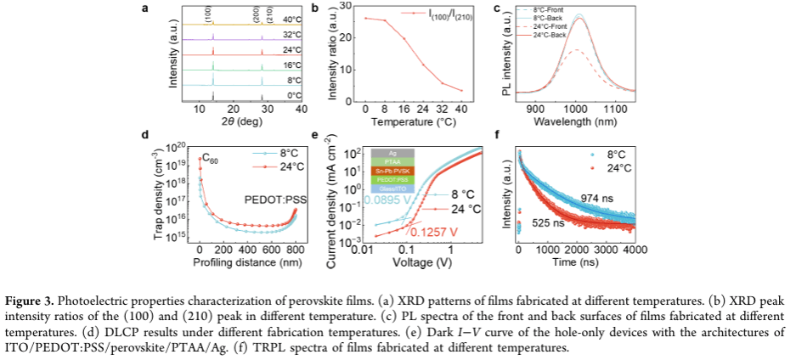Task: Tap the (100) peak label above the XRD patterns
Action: pos(209,13)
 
